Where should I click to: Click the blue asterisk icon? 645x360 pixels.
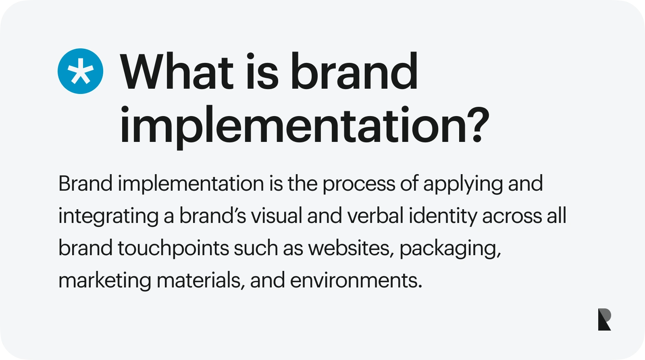tap(80, 71)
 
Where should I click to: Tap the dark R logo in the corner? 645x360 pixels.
tap(604, 320)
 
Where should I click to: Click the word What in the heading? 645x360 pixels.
tap(177, 71)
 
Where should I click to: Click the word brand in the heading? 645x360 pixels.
tap(354, 71)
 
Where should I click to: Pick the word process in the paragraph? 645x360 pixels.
tap(359, 184)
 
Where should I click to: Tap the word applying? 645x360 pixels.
tap(463, 184)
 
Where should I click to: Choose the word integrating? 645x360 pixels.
tap(108, 216)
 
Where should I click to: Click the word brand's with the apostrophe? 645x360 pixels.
tap(213, 216)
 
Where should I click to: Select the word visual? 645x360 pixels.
tap(277, 216)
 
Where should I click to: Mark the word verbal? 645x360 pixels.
tap(375, 216)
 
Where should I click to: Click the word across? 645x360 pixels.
tap(512, 216)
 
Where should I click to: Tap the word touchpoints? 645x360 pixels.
tap(173, 248)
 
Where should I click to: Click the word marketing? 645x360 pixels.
tap(105, 281)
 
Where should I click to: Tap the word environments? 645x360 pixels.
tap(356, 280)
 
